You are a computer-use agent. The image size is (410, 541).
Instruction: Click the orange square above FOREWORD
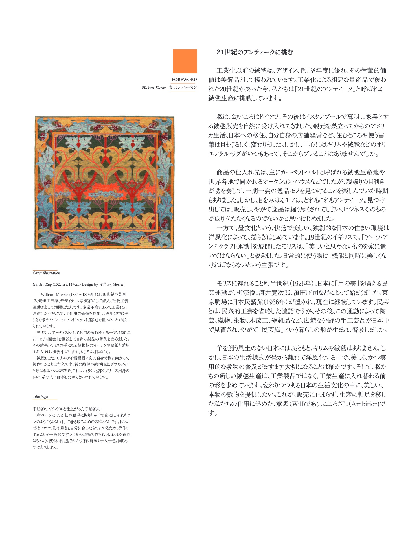click(185, 61)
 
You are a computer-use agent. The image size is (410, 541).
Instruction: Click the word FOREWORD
click(184, 80)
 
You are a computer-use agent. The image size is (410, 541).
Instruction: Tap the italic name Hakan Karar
click(154, 88)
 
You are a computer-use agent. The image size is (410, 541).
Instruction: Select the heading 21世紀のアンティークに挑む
click(255, 52)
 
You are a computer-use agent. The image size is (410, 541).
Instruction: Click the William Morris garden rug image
click(104, 183)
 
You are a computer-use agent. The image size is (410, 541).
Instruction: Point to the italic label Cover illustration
click(46, 273)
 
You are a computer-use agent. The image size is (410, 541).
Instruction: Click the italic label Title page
click(40, 396)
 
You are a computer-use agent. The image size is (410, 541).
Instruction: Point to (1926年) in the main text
click(301, 284)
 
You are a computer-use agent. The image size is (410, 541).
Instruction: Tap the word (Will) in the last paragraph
click(296, 404)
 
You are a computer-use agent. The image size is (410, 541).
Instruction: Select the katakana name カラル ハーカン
click(183, 87)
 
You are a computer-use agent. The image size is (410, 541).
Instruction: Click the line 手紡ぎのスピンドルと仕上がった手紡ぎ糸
click(66, 409)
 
